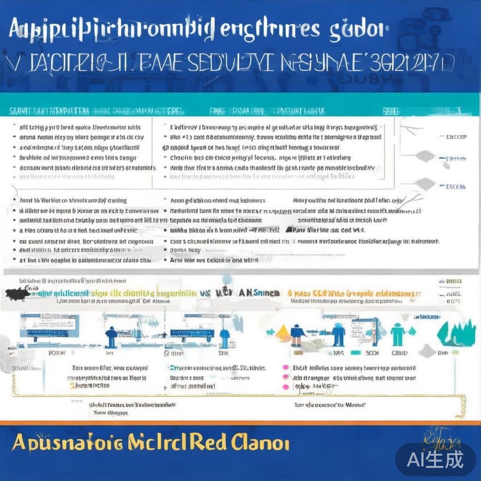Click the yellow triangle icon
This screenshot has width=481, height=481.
click(283, 334)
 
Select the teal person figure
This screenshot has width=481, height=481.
click(397, 334)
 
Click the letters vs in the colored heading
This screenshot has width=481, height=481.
click(205, 292)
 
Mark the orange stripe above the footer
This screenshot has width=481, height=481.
click(240, 422)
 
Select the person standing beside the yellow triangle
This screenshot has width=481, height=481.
click(297, 334)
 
